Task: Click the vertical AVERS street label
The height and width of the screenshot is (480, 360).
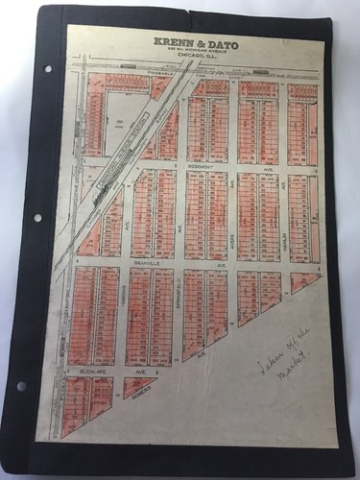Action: point(233,217)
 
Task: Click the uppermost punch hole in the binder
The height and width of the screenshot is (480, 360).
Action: point(47,69)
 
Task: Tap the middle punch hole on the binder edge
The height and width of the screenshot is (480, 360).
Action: point(37,218)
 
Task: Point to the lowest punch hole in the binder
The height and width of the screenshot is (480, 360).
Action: point(21,386)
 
